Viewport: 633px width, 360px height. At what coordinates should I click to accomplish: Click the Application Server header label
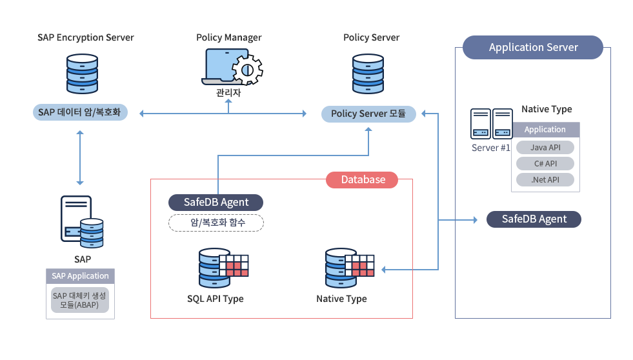[533, 47]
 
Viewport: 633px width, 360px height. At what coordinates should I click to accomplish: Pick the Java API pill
[545, 148]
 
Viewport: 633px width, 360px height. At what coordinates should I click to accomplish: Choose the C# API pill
[545, 164]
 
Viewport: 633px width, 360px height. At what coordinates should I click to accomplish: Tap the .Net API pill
[545, 180]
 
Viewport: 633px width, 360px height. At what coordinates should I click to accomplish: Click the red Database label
[362, 179]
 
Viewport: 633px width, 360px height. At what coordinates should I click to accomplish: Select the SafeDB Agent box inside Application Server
[534, 219]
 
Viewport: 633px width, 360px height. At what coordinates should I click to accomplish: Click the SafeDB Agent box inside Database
[216, 202]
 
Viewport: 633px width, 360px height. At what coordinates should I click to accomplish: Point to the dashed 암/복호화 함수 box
[216, 223]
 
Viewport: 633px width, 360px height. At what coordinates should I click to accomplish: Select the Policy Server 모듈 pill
[368, 114]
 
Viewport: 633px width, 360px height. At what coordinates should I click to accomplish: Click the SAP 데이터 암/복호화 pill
[80, 113]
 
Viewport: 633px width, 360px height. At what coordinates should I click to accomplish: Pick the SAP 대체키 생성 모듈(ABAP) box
[80, 301]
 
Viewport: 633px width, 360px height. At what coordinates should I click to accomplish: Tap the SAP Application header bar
[80, 276]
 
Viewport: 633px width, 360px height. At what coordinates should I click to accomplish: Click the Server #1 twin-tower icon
[491, 123]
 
